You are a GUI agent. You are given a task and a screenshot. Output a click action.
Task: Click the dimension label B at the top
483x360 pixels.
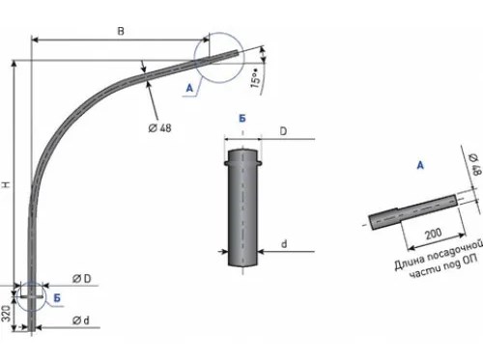[x=121, y=31]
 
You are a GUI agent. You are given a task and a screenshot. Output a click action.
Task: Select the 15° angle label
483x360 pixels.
[x=255, y=78]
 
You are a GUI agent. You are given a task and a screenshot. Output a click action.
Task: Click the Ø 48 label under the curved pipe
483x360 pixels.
[x=159, y=127]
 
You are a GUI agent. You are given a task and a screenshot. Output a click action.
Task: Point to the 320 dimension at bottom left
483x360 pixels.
[x=7, y=313]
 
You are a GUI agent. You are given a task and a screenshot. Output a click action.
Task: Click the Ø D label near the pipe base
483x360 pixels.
[x=82, y=279]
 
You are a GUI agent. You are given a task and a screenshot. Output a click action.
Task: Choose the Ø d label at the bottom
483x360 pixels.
[x=80, y=320]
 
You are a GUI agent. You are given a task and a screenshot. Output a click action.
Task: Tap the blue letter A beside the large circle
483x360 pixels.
[x=189, y=87]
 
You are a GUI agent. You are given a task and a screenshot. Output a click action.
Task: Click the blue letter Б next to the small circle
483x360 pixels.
[x=57, y=298]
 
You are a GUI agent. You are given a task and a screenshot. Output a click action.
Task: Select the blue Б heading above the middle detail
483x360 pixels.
[x=242, y=119]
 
